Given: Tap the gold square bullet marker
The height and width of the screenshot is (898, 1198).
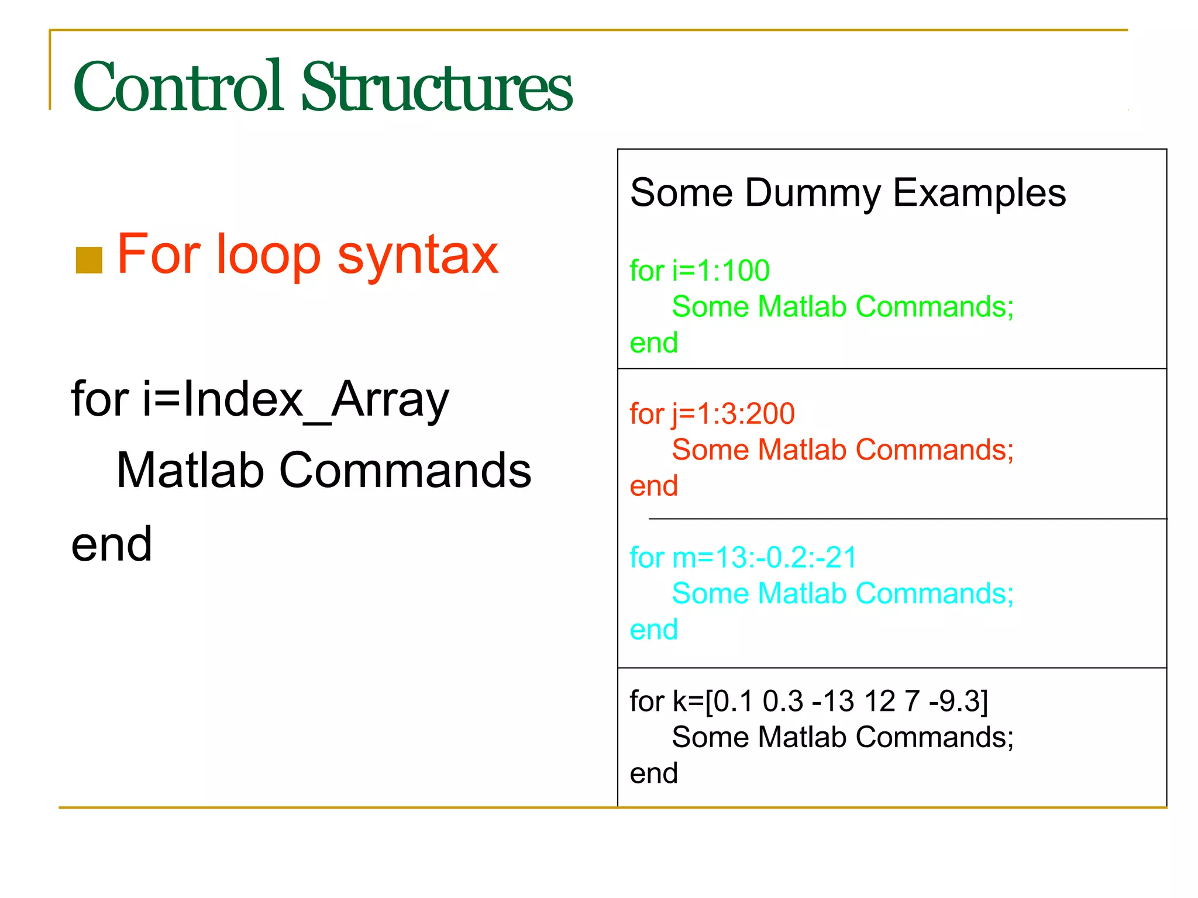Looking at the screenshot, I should tap(89, 260).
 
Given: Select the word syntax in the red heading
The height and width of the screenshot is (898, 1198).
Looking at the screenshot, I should tap(418, 255).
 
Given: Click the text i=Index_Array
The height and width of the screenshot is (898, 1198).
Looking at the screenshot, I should tap(295, 399).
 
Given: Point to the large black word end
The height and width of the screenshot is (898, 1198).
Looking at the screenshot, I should tap(112, 545).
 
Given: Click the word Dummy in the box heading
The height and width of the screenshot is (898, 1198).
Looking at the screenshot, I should tap(812, 193).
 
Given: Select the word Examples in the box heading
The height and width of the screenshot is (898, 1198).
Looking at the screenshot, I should tap(979, 193).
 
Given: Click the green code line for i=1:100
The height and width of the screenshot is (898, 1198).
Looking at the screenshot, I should tap(700, 271).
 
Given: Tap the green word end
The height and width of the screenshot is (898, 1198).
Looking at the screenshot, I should tap(653, 343).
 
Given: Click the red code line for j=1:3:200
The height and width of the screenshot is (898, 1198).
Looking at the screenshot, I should tap(712, 414).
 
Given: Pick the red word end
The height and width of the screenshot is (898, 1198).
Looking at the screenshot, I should tap(653, 486).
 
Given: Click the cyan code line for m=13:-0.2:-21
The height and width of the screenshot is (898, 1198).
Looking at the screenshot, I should tap(743, 557).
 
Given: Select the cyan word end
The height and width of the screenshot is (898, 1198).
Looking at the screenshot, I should tap(653, 630).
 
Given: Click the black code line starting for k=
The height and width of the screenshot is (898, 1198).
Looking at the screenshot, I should tap(808, 701).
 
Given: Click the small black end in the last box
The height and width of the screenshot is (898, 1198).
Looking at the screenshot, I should tap(653, 773).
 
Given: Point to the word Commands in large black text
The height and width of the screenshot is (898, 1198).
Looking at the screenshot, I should tap(405, 471).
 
